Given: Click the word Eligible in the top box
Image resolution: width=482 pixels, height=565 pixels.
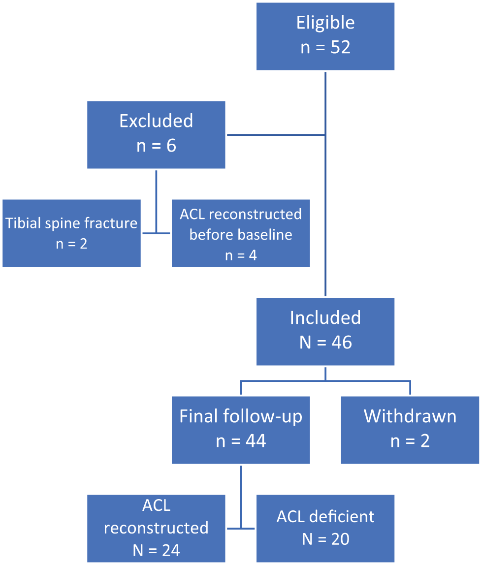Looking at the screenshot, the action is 325,23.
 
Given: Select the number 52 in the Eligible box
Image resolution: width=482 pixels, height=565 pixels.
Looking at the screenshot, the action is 340,47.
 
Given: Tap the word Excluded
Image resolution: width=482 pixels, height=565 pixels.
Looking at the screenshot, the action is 156,121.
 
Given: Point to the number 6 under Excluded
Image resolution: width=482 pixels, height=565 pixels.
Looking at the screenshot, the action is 171,146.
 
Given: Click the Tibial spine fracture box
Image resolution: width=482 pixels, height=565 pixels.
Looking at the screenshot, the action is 71,233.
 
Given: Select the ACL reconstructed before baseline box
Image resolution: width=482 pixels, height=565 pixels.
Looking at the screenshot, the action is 241,233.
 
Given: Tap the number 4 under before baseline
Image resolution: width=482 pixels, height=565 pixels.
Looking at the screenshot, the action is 253,255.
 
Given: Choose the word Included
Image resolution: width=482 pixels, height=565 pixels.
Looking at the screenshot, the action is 325,318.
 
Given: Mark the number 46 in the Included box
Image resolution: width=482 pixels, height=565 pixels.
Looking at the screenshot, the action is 341,343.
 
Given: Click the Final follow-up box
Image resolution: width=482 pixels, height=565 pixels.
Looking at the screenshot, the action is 241,430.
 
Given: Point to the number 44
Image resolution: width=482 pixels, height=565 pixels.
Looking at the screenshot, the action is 256,440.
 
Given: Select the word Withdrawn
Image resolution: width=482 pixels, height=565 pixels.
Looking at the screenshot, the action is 410,416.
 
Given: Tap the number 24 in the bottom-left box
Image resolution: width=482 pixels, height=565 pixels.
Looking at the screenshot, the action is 170,550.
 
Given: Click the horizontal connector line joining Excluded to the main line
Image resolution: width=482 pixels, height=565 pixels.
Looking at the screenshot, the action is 276,135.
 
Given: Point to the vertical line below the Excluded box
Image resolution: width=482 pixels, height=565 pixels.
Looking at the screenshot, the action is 156,202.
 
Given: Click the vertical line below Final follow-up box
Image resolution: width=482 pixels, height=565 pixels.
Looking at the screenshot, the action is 240,497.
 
